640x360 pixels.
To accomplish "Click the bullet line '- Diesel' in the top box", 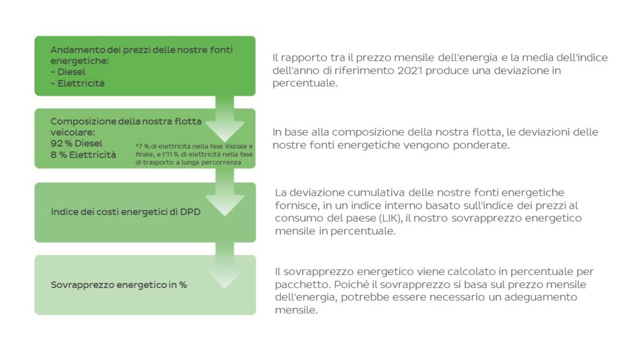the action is tap(68, 72).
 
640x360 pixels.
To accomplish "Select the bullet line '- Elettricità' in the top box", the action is tap(77, 83).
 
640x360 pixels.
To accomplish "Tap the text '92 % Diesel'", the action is tap(76, 143).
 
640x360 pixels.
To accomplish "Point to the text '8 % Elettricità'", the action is tap(83, 155).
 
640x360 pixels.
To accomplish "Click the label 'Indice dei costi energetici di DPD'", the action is tap(126, 212).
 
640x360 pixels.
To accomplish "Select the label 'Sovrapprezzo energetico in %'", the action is tap(119, 285).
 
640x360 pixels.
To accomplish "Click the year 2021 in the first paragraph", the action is tap(410, 70).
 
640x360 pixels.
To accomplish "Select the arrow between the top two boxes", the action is tap(225, 119).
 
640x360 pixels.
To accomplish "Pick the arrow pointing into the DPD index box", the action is tap(225, 192).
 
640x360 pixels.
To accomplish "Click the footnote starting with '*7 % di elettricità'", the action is tap(194, 154).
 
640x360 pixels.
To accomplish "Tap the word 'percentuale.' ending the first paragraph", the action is tap(305, 83).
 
